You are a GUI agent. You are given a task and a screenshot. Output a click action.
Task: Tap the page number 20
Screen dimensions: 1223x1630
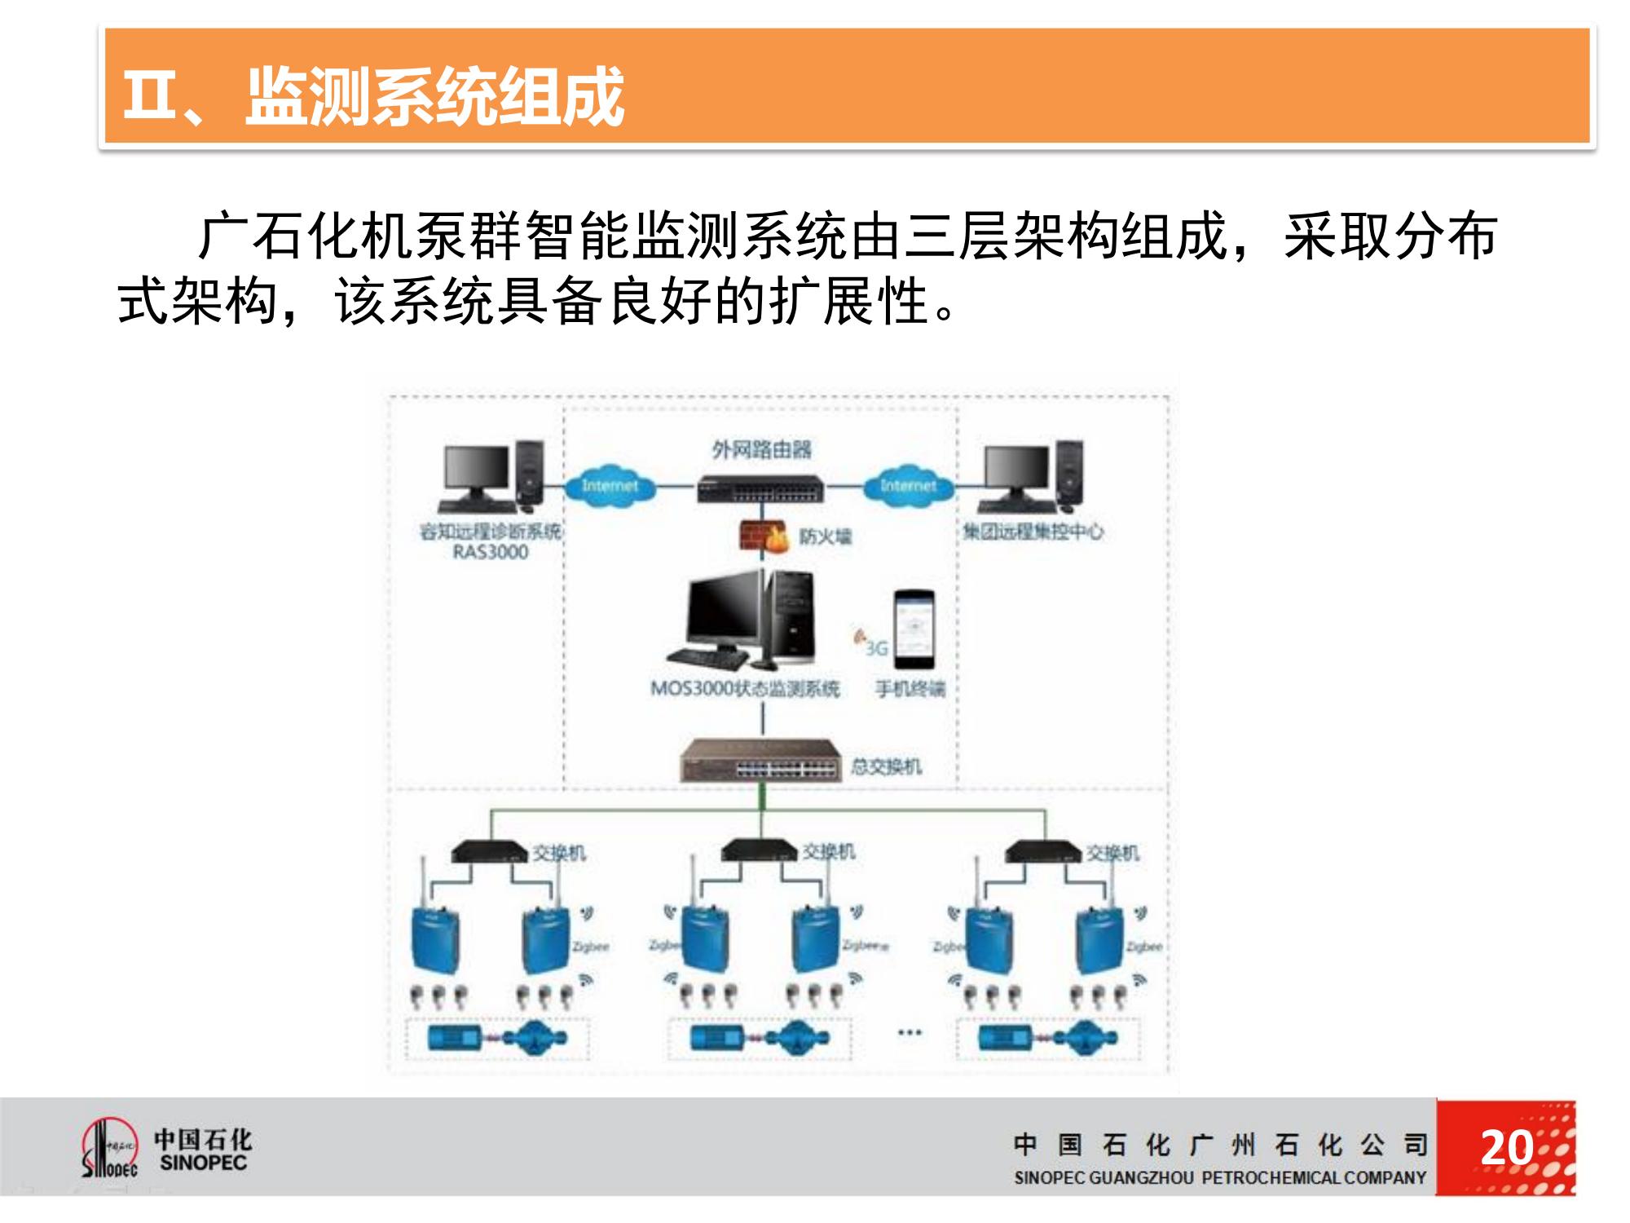1506,1148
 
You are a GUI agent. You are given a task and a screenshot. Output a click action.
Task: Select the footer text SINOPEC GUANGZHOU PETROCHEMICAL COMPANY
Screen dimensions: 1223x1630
1220,1177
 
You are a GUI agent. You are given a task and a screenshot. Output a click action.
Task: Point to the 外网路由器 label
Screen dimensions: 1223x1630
761,449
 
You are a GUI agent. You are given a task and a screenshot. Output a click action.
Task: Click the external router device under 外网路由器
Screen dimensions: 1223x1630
760,489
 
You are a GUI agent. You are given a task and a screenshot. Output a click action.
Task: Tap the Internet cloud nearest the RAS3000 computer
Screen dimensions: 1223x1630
610,486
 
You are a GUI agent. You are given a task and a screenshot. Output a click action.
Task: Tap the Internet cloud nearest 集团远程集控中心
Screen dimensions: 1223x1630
907,486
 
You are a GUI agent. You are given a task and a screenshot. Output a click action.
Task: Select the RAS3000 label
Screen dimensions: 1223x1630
490,552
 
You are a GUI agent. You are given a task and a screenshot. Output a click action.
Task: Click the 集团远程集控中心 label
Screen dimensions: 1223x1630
1033,532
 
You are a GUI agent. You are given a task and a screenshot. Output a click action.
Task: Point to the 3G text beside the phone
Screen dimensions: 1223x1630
876,648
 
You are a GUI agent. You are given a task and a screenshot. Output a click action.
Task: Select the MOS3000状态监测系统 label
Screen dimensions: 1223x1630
744,689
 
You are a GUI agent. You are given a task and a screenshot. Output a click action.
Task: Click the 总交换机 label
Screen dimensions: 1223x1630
886,766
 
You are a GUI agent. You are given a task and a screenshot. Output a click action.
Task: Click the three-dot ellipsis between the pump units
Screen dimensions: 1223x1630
909,1032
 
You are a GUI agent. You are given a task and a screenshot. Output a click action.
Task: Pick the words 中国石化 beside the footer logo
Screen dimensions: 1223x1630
203,1139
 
